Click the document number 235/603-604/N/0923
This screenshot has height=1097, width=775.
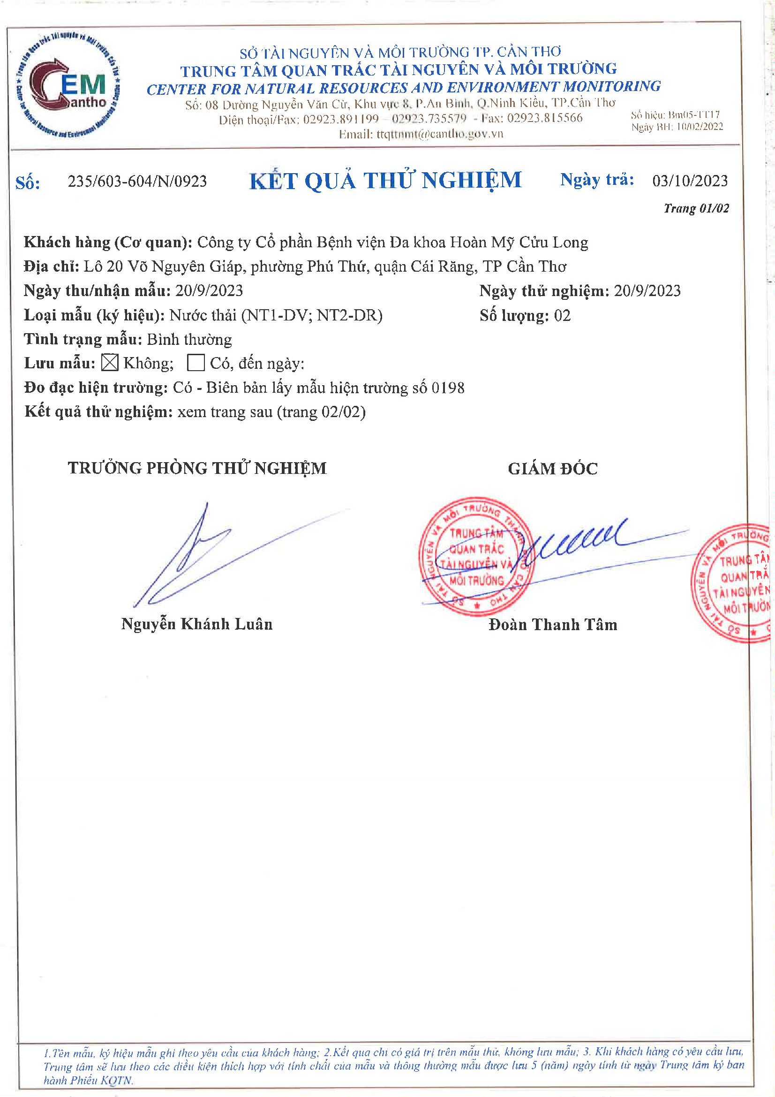click(137, 182)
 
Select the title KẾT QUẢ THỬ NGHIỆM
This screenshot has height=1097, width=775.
click(385, 181)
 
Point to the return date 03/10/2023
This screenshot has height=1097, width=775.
click(690, 181)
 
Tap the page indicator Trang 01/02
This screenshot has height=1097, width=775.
click(696, 208)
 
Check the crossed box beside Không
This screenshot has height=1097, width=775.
click(110, 363)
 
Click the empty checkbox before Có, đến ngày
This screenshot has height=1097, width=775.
click(196, 363)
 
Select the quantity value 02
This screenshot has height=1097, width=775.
click(562, 316)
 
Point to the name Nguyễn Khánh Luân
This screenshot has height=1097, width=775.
click(197, 624)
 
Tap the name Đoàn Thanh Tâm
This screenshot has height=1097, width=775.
click(553, 625)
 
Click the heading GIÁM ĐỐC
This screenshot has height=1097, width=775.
click(552, 469)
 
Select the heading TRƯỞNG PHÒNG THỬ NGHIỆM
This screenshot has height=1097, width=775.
click(197, 468)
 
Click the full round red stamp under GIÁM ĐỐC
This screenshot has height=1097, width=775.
click(476, 556)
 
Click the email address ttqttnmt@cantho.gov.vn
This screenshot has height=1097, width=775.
click(440, 134)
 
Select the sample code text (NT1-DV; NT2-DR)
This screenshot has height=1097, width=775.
click(312, 315)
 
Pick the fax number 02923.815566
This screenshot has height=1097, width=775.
click(545, 118)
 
